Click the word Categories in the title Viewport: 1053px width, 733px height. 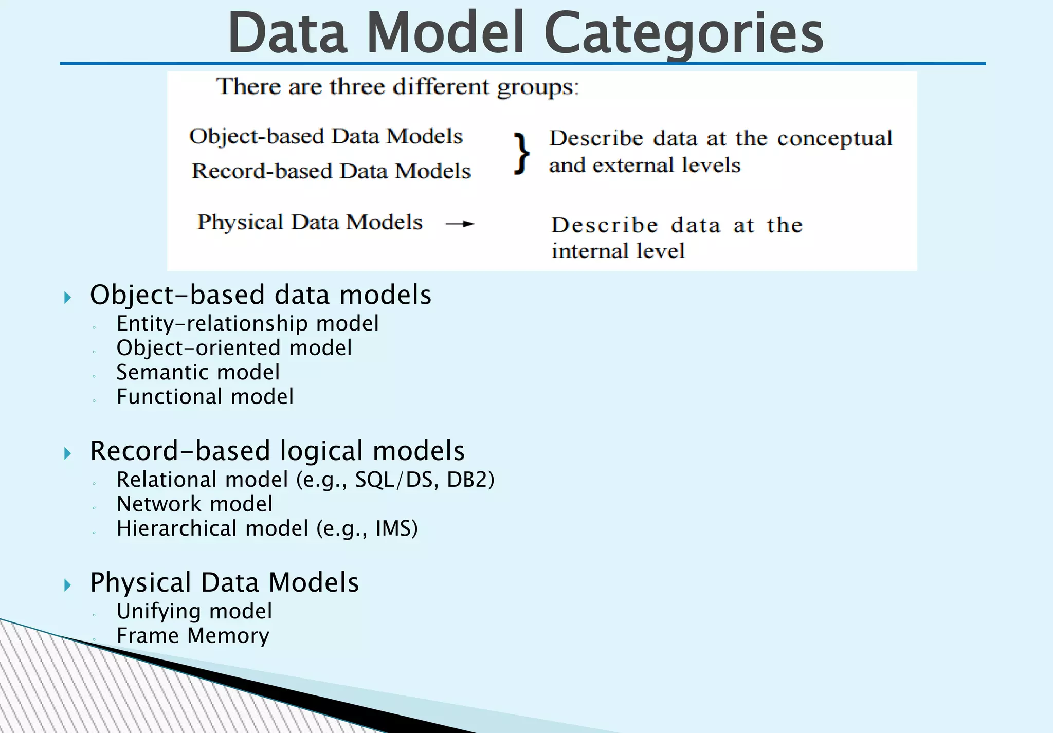click(x=683, y=33)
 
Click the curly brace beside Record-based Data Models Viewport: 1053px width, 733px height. click(x=521, y=154)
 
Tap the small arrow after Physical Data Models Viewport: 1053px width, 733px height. click(x=460, y=224)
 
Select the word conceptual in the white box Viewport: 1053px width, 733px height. click(x=834, y=139)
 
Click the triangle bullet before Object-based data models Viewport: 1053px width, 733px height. click(x=67, y=297)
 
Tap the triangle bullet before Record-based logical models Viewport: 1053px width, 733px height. click(x=67, y=453)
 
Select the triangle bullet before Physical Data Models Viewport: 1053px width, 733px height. click(x=67, y=585)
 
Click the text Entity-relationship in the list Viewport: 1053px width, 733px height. click(x=212, y=324)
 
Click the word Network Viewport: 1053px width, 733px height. click(x=159, y=504)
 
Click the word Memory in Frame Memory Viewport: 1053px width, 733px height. click(x=228, y=636)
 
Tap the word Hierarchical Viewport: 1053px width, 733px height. click(x=176, y=528)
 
